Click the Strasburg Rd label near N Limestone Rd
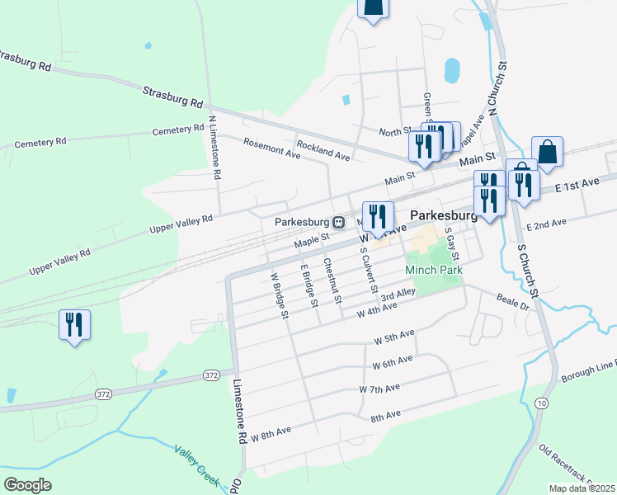pos(173,97)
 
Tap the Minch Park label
pos(433,270)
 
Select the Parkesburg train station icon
pos(339,222)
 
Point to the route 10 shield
pos(541,402)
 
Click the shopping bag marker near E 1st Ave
pos(547,152)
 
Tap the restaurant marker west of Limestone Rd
pos(75,324)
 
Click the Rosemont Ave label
pos(271,148)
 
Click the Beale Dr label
pos(511,301)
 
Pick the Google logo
pos(27,484)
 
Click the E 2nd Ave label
pos(548,224)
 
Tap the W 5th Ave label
pos(393,338)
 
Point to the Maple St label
pos(312,238)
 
